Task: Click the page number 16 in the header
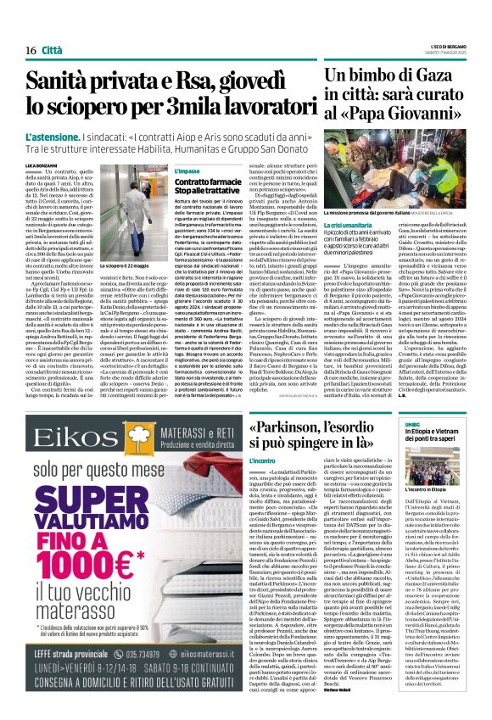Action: [x=30, y=52]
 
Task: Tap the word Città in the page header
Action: [x=51, y=52]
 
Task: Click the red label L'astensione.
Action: [x=52, y=137]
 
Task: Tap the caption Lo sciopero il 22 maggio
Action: [x=124, y=315]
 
